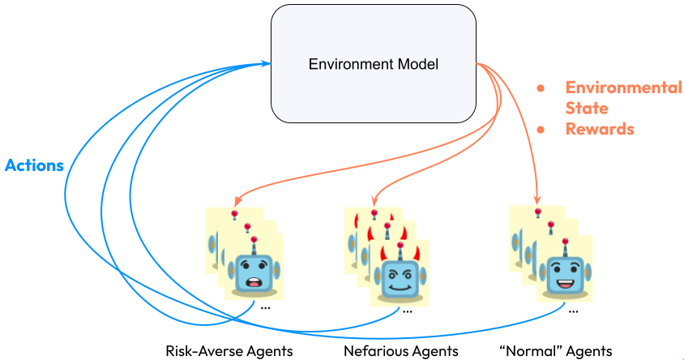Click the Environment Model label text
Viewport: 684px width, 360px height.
click(x=374, y=64)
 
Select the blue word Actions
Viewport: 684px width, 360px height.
click(x=34, y=165)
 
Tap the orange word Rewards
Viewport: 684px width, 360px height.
click(x=599, y=129)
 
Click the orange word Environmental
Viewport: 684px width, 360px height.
click(x=622, y=88)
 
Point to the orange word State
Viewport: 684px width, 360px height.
click(x=586, y=108)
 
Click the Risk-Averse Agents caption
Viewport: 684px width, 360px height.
click(x=229, y=351)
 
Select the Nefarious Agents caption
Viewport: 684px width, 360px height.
click(x=400, y=351)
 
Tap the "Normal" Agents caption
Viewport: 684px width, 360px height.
click(x=555, y=351)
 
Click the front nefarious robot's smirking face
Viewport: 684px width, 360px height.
click(x=397, y=279)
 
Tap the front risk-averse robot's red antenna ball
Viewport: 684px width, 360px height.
click(x=254, y=240)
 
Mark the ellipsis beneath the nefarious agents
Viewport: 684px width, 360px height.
click(x=407, y=310)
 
